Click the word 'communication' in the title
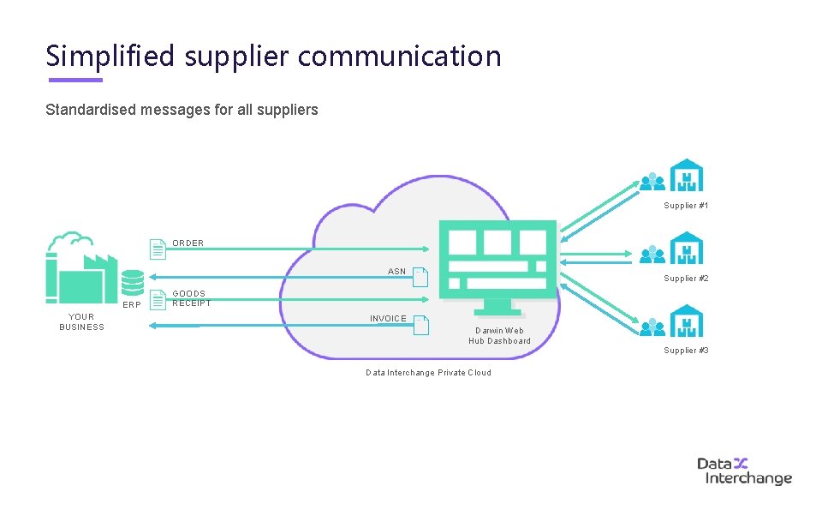click(x=400, y=57)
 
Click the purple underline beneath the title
click(x=75, y=81)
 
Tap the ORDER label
click(x=188, y=243)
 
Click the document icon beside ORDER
click(x=158, y=249)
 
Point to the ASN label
click(x=396, y=272)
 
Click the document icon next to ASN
click(x=420, y=277)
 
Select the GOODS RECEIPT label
click(x=191, y=298)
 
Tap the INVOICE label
click(x=388, y=319)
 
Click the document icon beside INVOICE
click(x=420, y=325)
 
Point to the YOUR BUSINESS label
click(x=81, y=321)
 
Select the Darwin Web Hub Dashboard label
click(x=499, y=335)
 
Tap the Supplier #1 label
click(x=686, y=206)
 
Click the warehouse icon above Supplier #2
click(x=686, y=248)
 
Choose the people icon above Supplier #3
click(x=652, y=327)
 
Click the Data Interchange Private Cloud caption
click(x=428, y=373)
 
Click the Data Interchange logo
click(x=743, y=471)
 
